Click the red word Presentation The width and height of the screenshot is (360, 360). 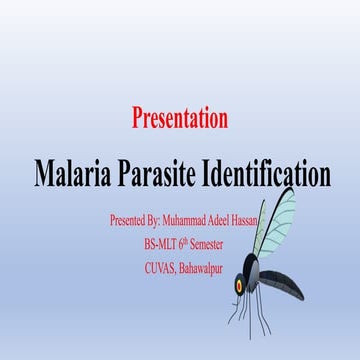180,118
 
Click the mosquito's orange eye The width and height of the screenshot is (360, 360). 240,287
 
